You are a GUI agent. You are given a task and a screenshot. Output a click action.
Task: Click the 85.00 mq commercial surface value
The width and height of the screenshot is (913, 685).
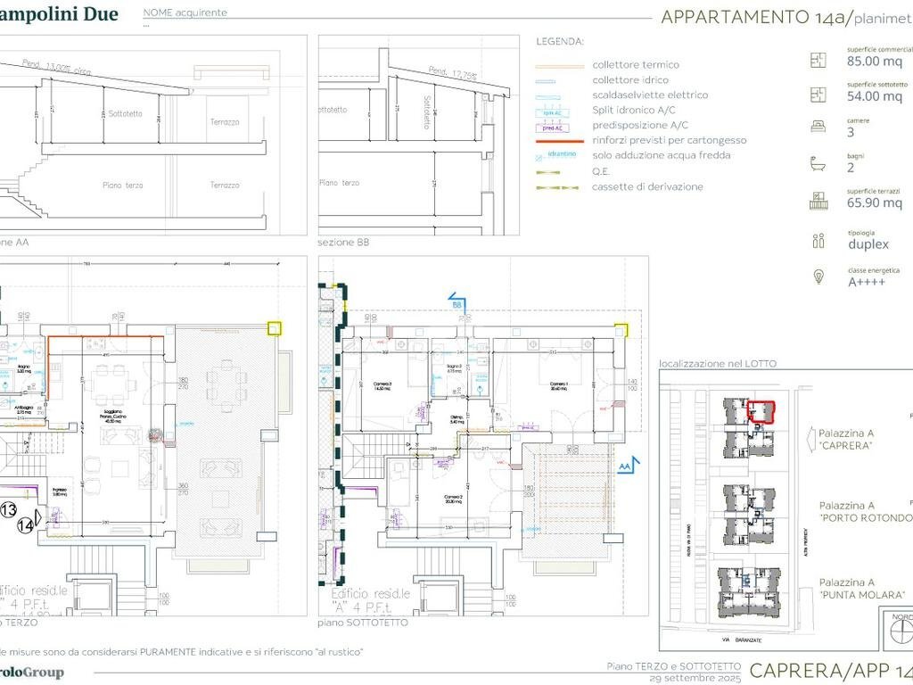click(x=875, y=62)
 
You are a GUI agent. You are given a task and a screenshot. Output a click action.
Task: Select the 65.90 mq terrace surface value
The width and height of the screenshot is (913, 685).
click(x=875, y=202)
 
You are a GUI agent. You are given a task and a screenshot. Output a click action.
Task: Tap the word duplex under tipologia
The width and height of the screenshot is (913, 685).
click(x=868, y=243)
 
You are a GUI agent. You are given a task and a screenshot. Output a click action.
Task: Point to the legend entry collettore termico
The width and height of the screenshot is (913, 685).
click(x=635, y=64)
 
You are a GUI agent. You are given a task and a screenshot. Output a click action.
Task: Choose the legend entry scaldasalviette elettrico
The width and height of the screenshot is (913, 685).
click(x=650, y=95)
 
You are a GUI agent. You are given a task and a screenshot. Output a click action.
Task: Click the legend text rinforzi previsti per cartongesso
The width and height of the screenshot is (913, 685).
click(x=669, y=140)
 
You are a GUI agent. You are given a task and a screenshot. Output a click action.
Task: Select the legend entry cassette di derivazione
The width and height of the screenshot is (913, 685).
click(x=647, y=186)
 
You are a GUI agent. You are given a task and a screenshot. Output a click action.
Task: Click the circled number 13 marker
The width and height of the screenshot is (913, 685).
click(x=8, y=509)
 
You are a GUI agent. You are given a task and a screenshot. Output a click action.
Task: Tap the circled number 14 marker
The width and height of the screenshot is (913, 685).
click(x=27, y=526)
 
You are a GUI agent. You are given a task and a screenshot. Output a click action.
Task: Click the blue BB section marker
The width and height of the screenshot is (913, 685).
click(x=456, y=303)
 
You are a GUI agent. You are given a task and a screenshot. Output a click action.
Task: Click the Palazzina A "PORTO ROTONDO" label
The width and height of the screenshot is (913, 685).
click(x=866, y=511)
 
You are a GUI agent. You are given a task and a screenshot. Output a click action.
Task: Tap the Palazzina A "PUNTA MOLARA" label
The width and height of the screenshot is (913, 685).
click(x=861, y=588)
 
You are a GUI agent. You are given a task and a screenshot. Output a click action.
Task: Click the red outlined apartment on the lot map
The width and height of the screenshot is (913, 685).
click(x=761, y=411)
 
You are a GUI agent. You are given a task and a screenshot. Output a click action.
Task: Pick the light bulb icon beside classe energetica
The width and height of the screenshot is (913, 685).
click(x=818, y=276)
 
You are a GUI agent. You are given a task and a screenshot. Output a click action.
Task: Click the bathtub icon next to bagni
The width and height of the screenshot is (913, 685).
click(x=818, y=164)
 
